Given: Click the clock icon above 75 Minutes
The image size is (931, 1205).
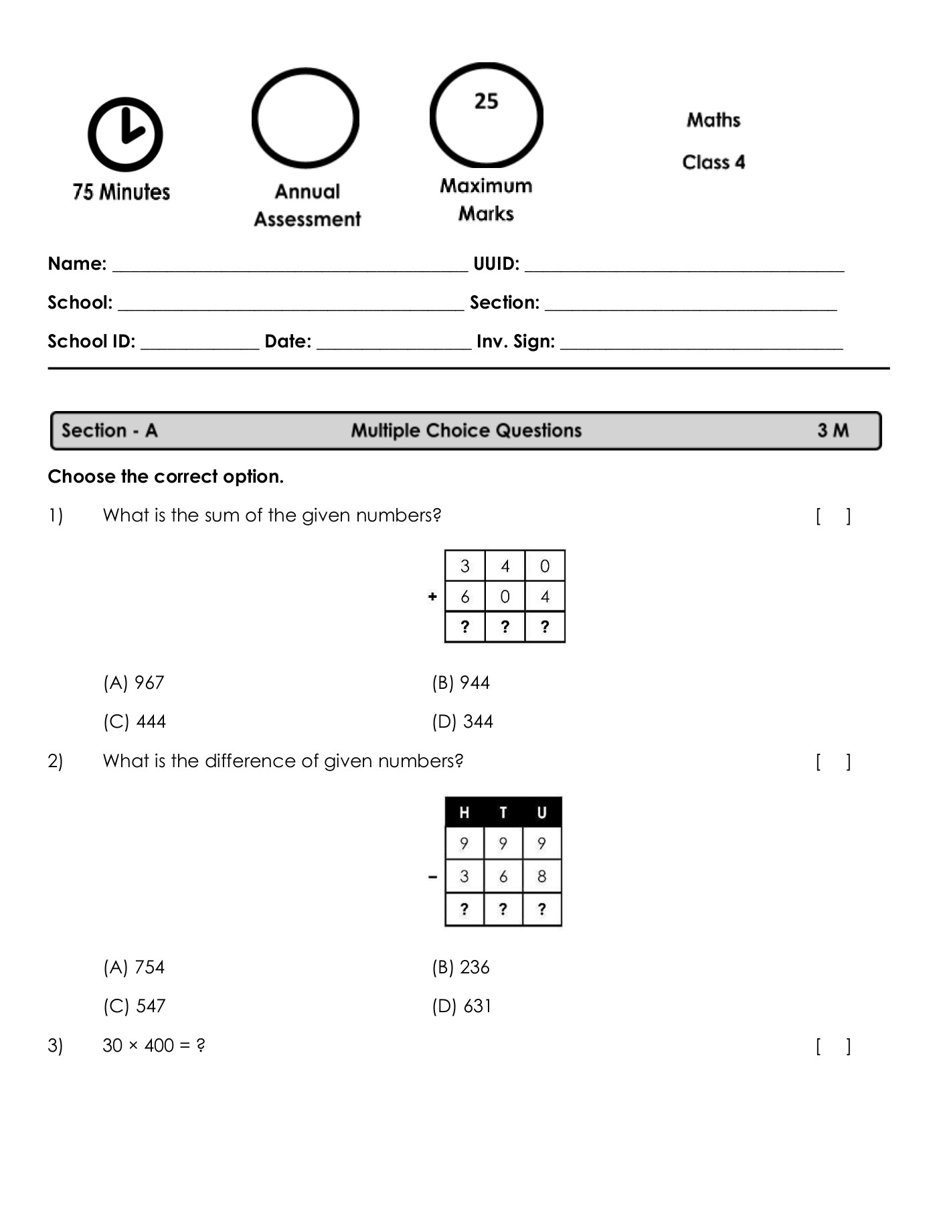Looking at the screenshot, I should [125, 134].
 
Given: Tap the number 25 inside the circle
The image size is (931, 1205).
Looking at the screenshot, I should [486, 101].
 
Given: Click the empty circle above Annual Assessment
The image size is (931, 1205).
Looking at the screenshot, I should [305, 118].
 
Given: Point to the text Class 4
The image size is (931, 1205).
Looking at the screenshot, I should [713, 162].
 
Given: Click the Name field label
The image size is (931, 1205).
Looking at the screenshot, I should [77, 264].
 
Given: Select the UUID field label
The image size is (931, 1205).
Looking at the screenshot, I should [496, 264].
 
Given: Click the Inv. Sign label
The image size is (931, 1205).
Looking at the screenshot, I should [515, 341].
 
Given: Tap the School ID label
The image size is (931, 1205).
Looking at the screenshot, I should [91, 341].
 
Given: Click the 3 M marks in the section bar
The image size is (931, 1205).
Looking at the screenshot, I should [832, 430].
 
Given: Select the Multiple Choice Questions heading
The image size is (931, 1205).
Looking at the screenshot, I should [466, 430].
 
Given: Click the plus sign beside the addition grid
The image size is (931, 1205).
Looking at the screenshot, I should [432, 596].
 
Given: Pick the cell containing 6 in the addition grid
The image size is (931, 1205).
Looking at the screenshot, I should [464, 596].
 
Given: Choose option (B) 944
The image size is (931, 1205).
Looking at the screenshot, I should [460, 683].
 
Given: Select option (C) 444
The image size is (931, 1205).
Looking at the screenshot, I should [135, 722].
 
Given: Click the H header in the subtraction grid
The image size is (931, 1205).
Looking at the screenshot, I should [464, 813].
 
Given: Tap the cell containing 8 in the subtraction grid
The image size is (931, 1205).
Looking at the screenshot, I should [541, 876].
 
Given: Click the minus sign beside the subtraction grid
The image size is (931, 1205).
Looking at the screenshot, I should [433, 876].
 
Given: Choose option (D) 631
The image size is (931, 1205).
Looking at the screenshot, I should [461, 1006].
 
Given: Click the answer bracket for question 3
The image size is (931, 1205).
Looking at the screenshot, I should [833, 1046].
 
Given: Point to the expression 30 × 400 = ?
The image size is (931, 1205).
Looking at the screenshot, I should [154, 1046].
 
